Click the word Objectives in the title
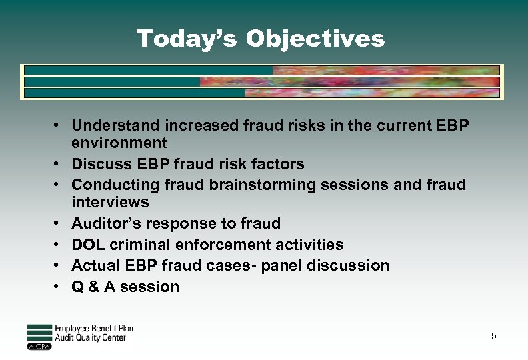[x=315, y=39]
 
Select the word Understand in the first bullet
[x=111, y=125]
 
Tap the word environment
[x=119, y=143]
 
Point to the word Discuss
[x=98, y=164]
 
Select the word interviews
[x=110, y=202]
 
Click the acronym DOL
[x=87, y=245]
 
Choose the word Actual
[x=93, y=265]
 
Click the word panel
[x=283, y=265]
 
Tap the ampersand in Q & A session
[x=93, y=287]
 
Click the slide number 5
[x=493, y=336]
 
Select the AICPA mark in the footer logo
[x=39, y=347]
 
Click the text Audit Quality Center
[x=90, y=338]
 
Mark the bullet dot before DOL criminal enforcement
[x=59, y=245]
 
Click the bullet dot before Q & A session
[x=59, y=287]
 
